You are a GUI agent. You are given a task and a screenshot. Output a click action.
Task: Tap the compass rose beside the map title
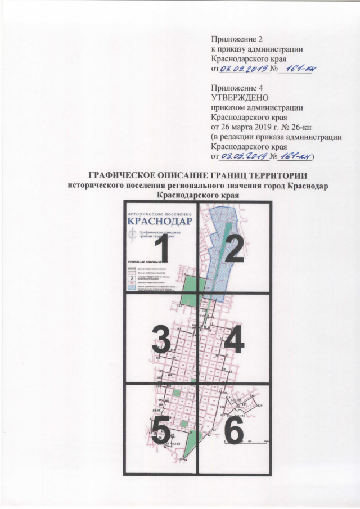130,236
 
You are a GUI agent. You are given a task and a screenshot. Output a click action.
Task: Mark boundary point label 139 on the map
260,406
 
